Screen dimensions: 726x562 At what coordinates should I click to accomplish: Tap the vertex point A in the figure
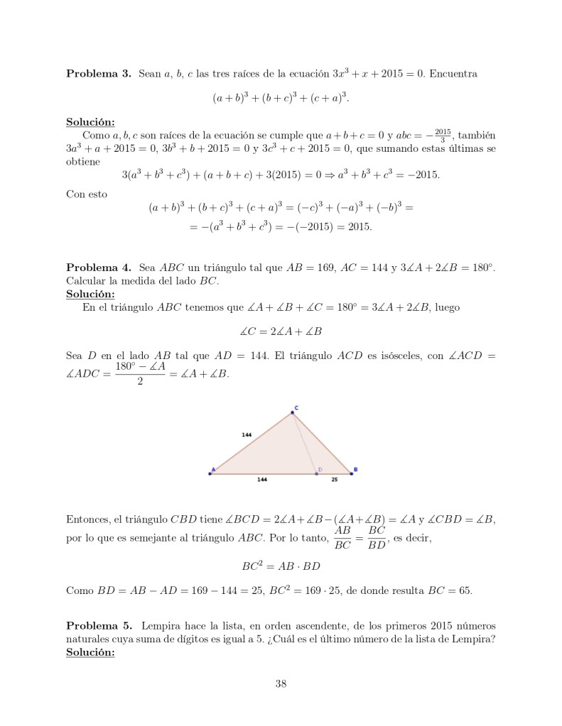(x=210, y=473)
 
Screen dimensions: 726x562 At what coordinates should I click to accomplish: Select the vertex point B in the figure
(x=351, y=473)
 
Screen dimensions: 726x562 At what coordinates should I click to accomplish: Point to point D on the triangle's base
(x=316, y=473)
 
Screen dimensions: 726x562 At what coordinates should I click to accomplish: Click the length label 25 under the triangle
(x=334, y=480)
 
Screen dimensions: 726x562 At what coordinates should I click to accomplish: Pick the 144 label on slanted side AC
(x=247, y=434)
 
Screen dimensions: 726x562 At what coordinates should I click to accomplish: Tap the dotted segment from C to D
(x=306, y=443)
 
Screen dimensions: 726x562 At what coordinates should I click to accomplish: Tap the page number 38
(x=281, y=683)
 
